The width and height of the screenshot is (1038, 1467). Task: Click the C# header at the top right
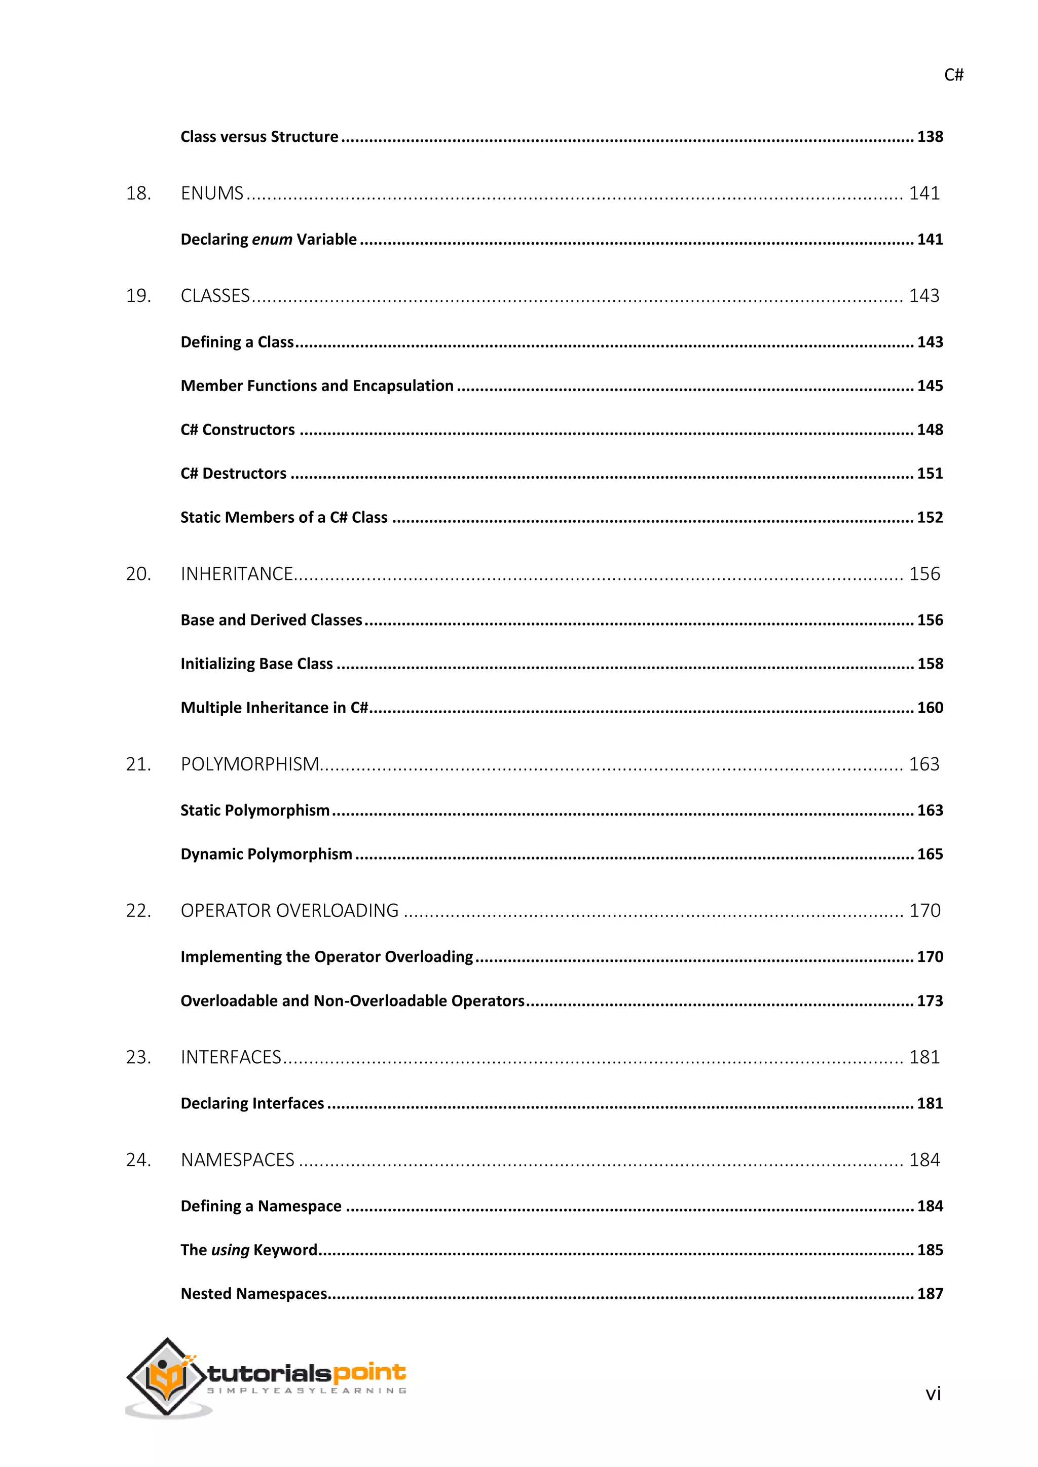953,75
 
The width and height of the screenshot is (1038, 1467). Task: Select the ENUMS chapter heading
212,193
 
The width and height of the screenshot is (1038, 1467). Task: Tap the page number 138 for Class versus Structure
930,137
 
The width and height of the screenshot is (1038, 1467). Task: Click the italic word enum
272,240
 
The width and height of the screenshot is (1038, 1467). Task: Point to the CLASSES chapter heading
215,296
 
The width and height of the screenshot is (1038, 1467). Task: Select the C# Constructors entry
238,430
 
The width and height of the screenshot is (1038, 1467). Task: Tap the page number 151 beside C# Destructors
930,474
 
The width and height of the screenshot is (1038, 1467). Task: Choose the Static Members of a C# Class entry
284,518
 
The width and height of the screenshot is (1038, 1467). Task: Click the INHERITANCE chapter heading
237,574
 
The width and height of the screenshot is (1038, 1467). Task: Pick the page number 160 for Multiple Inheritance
930,708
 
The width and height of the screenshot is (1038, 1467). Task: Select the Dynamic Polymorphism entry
267,854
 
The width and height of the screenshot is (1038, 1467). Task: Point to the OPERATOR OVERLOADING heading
289,910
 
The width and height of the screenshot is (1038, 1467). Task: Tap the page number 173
930,1001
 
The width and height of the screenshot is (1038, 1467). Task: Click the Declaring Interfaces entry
252,1103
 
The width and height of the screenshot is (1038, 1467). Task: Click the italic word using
230,1250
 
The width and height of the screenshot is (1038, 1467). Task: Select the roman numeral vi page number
933,1394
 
